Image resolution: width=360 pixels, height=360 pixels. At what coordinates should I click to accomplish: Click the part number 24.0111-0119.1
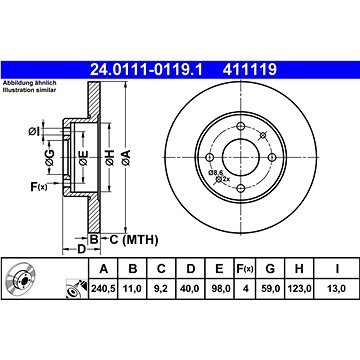(146, 70)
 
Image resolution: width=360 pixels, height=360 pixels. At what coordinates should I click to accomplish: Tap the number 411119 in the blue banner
(250, 70)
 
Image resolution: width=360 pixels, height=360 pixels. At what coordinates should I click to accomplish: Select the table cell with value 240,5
(103, 288)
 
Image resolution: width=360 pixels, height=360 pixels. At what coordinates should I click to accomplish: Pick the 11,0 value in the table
(133, 288)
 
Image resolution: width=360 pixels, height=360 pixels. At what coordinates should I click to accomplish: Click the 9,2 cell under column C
(161, 288)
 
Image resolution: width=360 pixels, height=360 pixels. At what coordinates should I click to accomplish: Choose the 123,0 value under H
(299, 288)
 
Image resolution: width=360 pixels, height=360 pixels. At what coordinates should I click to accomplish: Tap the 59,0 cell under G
(270, 288)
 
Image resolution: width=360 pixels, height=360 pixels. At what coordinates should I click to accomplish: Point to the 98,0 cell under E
(219, 288)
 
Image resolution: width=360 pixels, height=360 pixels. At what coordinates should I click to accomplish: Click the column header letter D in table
(190, 269)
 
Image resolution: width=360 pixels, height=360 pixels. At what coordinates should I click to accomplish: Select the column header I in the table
(337, 269)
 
